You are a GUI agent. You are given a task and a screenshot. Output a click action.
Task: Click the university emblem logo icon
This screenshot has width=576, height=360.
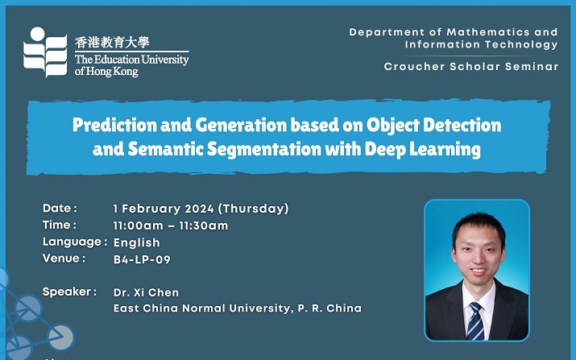[45, 52]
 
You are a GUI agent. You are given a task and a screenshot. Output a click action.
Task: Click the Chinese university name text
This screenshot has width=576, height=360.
[112, 42]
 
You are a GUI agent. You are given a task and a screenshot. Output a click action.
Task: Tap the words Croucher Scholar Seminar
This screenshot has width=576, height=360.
[471, 67]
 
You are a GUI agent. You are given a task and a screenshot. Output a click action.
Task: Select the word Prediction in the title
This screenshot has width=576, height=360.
[114, 125]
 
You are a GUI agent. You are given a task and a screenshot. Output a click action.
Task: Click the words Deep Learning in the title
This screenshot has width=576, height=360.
[422, 150]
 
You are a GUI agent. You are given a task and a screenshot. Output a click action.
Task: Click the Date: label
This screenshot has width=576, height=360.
[60, 209]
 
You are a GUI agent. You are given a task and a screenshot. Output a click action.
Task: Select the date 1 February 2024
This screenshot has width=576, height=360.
[164, 209]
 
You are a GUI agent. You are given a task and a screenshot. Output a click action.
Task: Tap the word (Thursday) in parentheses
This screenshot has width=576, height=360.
[254, 209]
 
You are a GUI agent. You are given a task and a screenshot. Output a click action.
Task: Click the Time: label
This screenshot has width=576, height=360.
[60, 225]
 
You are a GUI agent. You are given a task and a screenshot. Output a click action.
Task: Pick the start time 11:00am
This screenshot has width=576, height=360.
[138, 226]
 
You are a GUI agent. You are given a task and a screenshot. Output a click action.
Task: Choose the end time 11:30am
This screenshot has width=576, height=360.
[204, 226]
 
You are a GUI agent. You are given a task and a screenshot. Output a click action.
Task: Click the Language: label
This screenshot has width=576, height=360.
[75, 242]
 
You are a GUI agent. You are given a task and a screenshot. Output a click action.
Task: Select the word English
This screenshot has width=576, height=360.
[137, 242]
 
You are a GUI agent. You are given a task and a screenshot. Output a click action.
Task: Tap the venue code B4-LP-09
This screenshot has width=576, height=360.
[142, 259]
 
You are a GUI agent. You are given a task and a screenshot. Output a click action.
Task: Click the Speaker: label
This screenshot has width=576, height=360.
[69, 292]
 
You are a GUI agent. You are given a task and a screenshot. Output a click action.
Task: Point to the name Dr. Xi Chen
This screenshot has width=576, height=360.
[146, 292]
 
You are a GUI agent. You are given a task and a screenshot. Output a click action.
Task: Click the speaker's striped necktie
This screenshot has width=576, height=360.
[475, 321]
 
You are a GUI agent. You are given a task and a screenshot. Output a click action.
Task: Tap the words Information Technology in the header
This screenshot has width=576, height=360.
[481, 45]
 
